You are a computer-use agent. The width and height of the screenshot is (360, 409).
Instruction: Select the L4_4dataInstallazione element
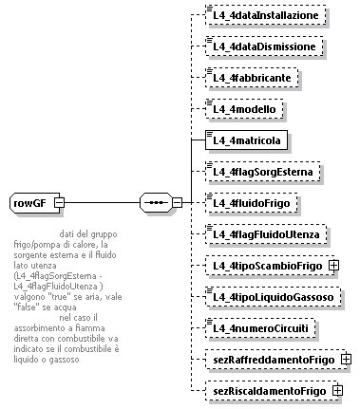pyautogui.click(x=268, y=16)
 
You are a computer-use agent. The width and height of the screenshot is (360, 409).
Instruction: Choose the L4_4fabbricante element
pyautogui.click(x=254, y=78)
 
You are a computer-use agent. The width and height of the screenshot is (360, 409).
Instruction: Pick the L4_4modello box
pyautogui.click(x=244, y=109)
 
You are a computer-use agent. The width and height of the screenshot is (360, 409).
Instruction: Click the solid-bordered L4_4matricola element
pyautogui.click(x=247, y=140)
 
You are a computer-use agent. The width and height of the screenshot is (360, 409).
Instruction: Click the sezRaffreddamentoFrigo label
pyautogui.click(x=275, y=360)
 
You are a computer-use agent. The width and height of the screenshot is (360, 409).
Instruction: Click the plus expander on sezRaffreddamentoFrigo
pyautogui.click(x=347, y=360)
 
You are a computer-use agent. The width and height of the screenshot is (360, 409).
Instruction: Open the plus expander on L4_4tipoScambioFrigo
pyautogui.click(x=334, y=266)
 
